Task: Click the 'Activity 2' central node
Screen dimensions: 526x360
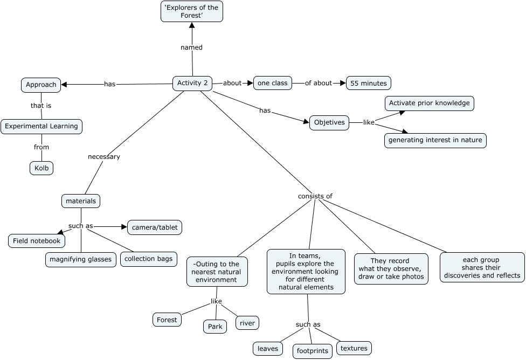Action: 192,83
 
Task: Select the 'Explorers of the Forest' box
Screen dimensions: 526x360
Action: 191,11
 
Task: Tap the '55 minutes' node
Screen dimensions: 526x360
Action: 368,83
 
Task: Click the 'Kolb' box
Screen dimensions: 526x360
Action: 41,168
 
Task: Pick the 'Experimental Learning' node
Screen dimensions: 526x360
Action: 41,127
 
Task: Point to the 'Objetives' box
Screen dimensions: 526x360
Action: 329,122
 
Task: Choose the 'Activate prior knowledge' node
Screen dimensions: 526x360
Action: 430,103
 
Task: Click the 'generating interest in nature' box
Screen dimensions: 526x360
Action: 435,140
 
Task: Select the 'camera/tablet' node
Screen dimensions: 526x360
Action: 155,227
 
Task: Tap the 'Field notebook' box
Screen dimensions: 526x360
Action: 37,241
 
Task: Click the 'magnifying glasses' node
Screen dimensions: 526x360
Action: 80,260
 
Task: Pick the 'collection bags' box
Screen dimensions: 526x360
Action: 148,259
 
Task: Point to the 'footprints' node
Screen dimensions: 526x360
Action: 313,351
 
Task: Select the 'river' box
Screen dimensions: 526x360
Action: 247,323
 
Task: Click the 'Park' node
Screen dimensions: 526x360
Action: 215,327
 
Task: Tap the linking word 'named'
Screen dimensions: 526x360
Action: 191,47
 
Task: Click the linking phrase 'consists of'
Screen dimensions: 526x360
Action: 315,196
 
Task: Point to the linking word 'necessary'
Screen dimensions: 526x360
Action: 104,157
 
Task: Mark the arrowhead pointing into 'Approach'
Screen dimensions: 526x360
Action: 64,85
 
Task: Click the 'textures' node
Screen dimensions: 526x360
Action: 354,348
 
